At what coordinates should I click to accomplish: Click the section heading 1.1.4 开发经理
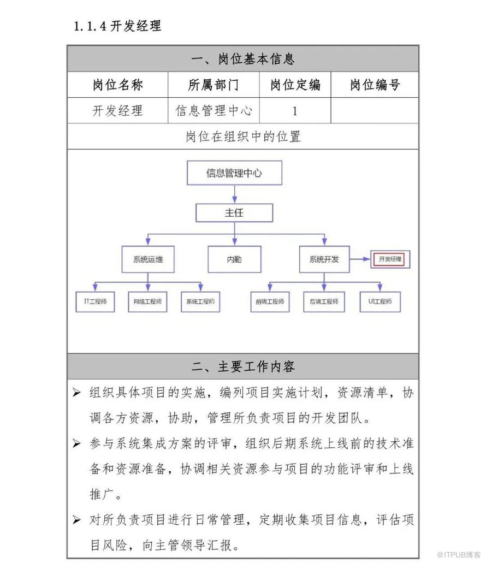[117, 26]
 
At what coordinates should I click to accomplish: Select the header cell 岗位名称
[117, 85]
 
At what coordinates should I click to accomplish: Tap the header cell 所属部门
[213, 85]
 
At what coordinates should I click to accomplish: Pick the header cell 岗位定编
[295, 85]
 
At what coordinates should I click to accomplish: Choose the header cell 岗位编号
[375, 85]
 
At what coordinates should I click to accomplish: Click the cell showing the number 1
[295, 111]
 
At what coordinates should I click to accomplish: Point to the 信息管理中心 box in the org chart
[234, 174]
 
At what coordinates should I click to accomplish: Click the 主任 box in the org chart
[234, 213]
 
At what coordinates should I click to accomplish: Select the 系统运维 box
[148, 259]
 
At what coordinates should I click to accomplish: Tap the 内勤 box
[234, 259]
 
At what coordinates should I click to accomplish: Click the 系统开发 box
[324, 259]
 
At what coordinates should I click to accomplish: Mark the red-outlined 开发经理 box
[390, 259]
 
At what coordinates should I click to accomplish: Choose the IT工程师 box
[95, 301]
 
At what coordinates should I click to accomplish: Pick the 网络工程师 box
[147, 301]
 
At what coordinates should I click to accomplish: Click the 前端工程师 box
[270, 301]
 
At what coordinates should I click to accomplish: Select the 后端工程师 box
[324, 301]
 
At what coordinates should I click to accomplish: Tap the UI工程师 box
[380, 301]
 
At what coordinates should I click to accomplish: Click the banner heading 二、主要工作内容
[243, 366]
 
